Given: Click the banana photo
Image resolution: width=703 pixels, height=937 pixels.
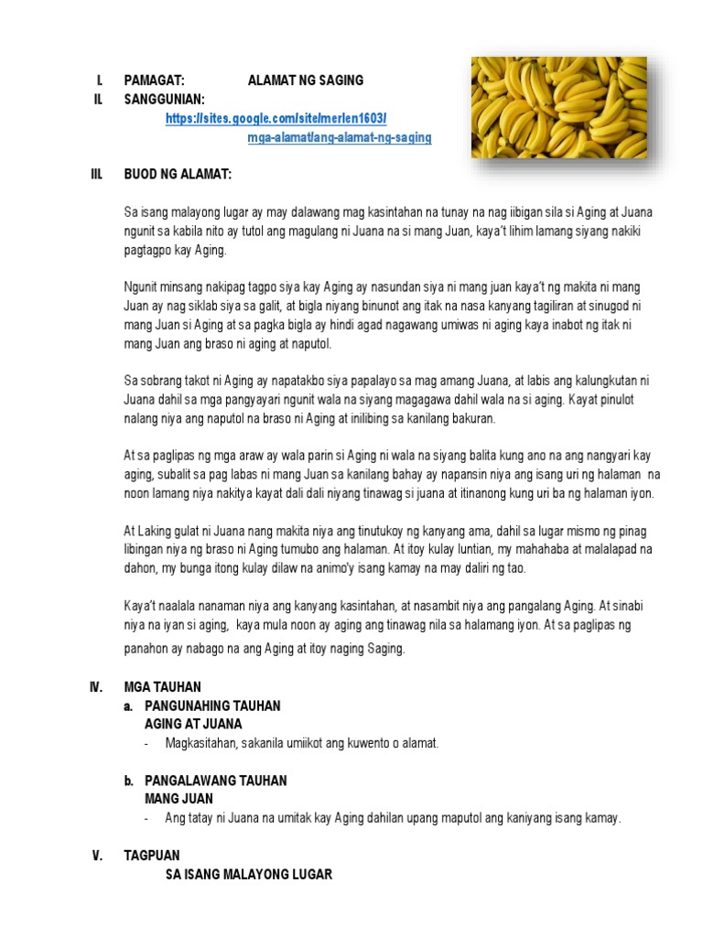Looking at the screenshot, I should [558, 107].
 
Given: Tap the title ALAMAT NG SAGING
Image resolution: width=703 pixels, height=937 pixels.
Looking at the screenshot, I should [305, 81].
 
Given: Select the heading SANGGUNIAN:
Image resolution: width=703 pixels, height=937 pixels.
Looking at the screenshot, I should [165, 99].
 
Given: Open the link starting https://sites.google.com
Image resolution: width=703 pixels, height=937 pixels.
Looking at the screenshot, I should [276, 119].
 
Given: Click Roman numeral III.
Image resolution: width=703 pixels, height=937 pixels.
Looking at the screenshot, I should [96, 174].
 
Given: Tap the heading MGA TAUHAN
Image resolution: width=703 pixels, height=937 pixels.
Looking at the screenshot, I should [162, 687].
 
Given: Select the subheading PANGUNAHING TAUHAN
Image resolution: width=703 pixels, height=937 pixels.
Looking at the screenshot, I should [212, 706].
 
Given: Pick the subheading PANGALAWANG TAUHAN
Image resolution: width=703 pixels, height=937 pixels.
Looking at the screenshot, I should [216, 781].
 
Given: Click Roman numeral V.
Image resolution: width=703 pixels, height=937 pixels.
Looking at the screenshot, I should [96, 856].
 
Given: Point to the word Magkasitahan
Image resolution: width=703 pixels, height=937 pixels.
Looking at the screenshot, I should [201, 744].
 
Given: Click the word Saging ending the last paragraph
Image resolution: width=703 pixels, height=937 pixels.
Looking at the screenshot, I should [384, 649].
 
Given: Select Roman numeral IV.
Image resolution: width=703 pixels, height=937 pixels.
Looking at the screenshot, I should [96, 687].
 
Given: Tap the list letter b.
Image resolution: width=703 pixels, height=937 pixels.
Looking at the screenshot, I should [129, 781].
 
